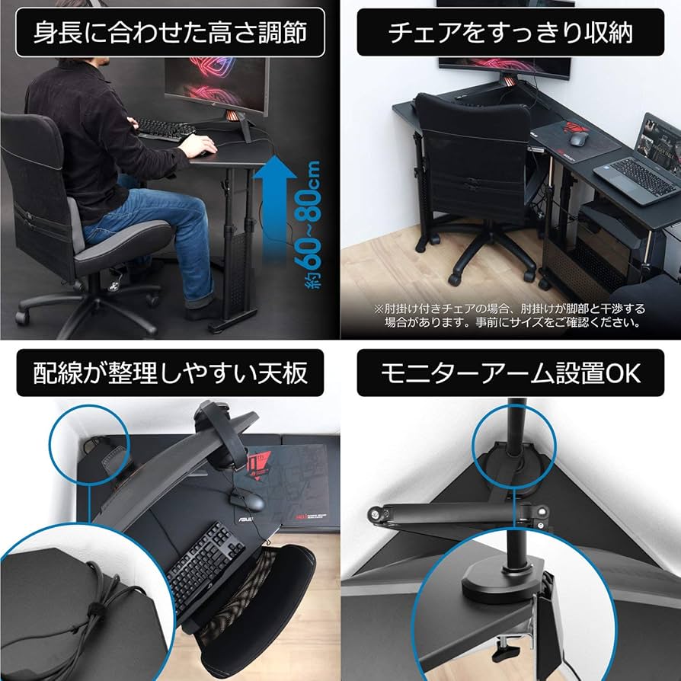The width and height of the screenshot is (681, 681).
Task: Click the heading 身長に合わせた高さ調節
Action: [170, 34]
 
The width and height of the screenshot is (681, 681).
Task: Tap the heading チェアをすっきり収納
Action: [510, 34]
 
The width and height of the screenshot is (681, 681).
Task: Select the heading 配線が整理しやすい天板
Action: [170, 372]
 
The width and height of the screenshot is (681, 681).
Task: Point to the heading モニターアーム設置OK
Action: [510, 372]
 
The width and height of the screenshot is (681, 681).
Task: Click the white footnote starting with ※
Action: [509, 315]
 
